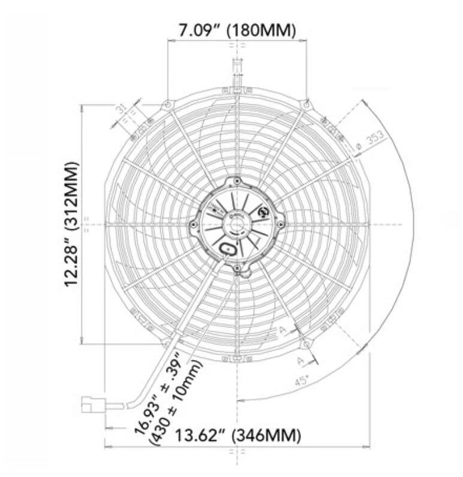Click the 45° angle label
302,381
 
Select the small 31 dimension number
122,110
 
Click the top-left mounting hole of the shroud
167,104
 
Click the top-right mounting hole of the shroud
306,104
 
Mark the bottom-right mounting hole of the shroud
305,344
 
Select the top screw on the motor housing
237,181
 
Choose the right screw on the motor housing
281,224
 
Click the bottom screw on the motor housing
237,268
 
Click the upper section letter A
282,330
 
